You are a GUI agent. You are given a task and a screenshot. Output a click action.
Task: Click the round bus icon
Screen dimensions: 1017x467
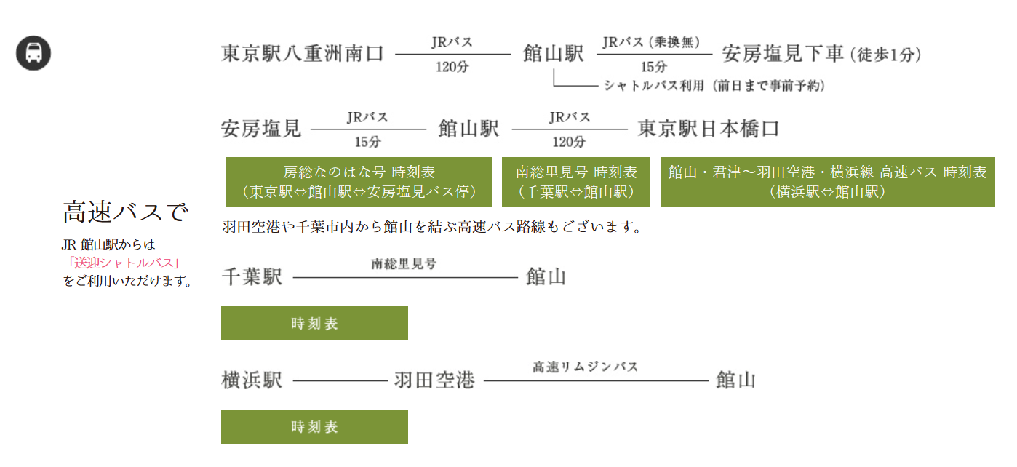click(33, 53)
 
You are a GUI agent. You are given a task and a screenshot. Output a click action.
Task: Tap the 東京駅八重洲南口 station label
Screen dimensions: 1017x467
click(303, 54)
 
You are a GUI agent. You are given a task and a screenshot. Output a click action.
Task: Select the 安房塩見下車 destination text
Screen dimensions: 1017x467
click(783, 54)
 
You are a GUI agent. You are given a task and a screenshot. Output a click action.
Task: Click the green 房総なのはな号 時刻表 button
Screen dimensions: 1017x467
click(359, 182)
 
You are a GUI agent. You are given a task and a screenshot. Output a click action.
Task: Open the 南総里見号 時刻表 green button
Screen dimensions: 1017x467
click(575, 182)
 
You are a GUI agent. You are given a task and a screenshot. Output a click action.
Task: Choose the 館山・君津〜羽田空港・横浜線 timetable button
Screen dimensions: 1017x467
click(828, 182)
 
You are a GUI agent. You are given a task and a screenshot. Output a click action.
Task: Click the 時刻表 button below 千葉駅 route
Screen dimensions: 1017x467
click(314, 323)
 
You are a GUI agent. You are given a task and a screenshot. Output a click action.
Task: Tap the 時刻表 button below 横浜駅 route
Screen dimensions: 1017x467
click(314, 426)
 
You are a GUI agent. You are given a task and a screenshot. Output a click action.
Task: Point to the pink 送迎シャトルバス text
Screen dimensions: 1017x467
click(124, 263)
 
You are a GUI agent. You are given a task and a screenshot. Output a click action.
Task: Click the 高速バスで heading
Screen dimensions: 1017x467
click(125, 212)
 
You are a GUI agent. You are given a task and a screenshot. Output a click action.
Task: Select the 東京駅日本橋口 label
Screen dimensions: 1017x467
click(709, 129)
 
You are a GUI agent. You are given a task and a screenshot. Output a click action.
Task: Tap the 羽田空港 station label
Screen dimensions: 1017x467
click(434, 380)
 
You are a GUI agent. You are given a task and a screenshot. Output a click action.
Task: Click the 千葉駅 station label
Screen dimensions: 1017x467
click(252, 277)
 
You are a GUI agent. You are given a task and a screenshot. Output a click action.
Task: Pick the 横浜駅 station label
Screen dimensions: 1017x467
click(252, 380)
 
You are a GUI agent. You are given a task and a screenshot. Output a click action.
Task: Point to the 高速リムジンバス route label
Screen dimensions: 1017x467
click(585, 367)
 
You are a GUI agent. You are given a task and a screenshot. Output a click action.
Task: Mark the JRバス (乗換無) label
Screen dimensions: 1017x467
click(651, 42)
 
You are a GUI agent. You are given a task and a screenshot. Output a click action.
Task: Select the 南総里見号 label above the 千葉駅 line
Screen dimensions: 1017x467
click(404, 263)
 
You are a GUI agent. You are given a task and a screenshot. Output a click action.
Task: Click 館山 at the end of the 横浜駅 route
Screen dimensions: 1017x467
click(735, 380)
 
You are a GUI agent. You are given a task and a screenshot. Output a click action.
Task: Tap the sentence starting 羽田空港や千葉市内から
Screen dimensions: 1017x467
click(432, 226)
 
